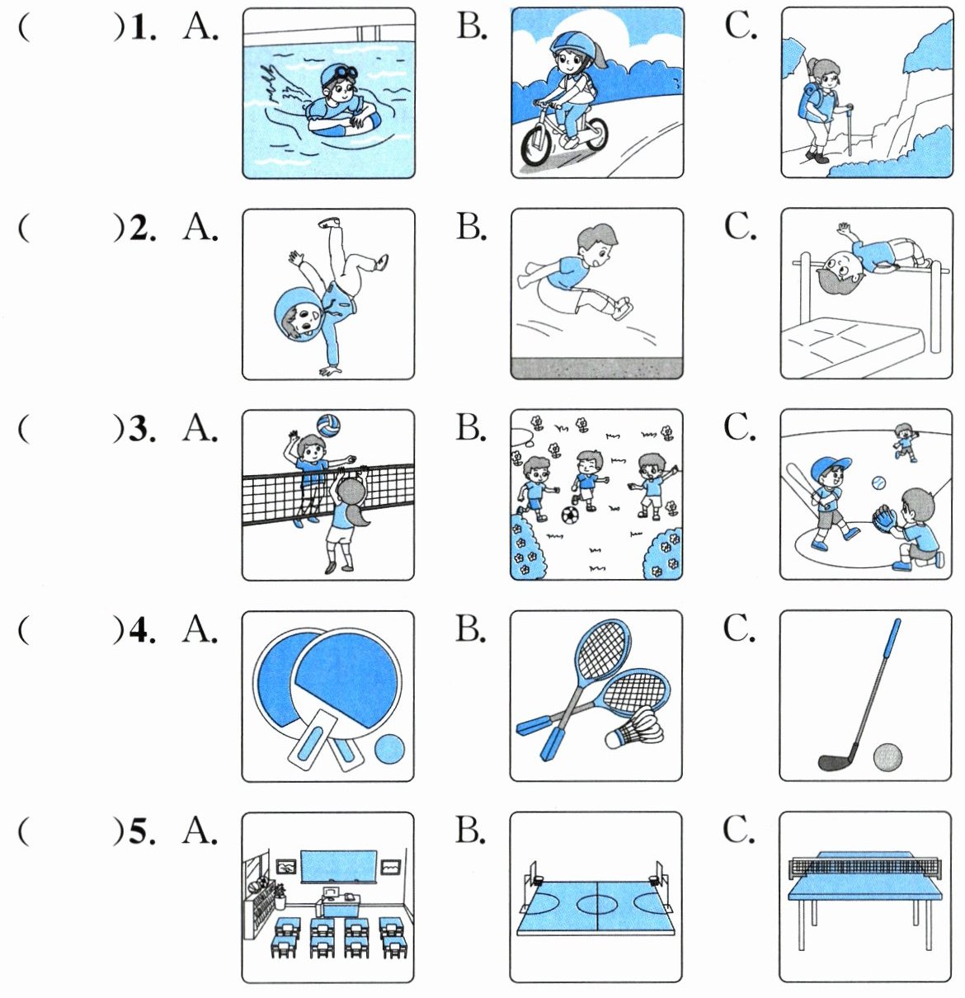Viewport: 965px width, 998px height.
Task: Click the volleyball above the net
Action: point(328,426)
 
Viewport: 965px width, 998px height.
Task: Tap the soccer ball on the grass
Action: point(570,515)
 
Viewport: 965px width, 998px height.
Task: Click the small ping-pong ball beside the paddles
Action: point(389,750)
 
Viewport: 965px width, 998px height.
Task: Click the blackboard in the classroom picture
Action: point(338,866)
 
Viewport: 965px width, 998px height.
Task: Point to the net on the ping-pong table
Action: point(865,866)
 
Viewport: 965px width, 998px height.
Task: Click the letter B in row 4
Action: point(470,628)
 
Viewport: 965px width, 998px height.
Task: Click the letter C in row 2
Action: point(739,226)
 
